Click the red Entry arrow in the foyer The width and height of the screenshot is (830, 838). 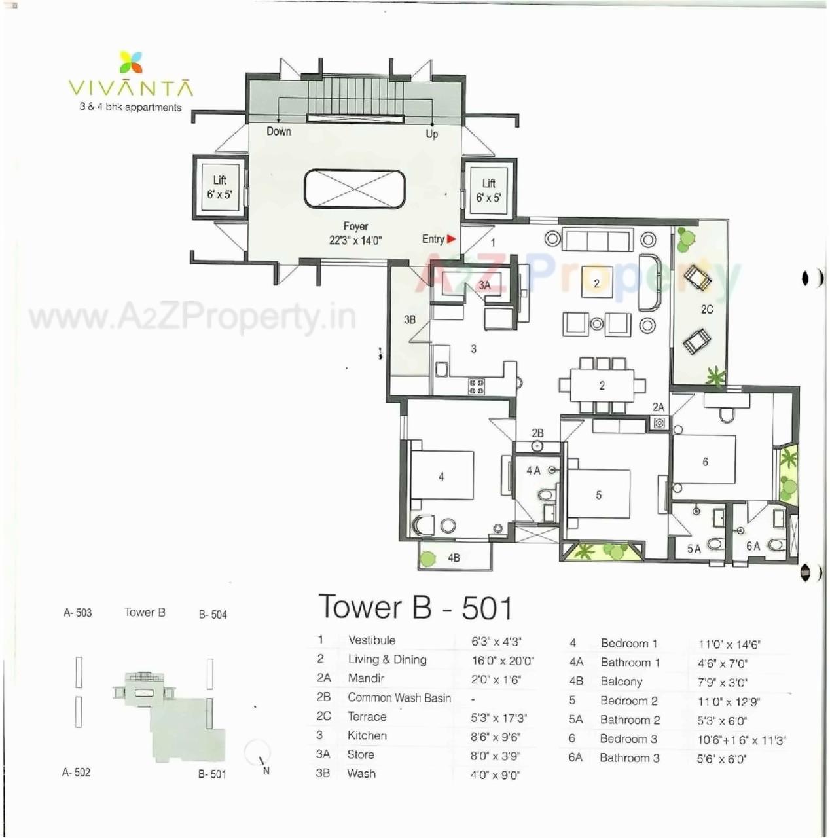pyautogui.click(x=451, y=239)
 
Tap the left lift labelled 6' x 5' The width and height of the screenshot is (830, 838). pyautogui.click(x=219, y=187)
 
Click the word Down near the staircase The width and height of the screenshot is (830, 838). pyautogui.click(x=278, y=131)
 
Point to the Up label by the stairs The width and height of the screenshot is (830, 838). pyautogui.click(x=432, y=134)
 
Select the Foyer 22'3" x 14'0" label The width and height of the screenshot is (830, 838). pyautogui.click(x=355, y=233)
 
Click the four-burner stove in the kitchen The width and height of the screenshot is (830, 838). pyautogui.click(x=476, y=386)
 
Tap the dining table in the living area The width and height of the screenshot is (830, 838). pyautogui.click(x=602, y=386)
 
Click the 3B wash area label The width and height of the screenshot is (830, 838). pyautogui.click(x=410, y=320)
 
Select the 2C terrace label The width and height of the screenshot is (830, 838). pyautogui.click(x=707, y=309)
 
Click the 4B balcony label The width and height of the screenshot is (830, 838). pyautogui.click(x=454, y=558)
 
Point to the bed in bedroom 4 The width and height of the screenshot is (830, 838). pyautogui.click(x=441, y=476)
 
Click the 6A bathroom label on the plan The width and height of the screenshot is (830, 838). pyautogui.click(x=753, y=546)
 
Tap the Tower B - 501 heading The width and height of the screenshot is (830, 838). pyautogui.click(x=415, y=607)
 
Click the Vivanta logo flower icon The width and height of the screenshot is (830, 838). pyautogui.click(x=131, y=64)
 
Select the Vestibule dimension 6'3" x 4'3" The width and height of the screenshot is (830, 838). pyautogui.click(x=496, y=642)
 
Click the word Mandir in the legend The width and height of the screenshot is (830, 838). pyautogui.click(x=366, y=678)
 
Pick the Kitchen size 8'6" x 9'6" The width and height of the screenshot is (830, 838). pyautogui.click(x=495, y=737)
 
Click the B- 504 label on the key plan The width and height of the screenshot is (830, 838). pyautogui.click(x=213, y=614)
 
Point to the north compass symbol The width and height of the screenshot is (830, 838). pyautogui.click(x=258, y=755)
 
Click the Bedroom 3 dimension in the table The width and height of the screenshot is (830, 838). pyautogui.click(x=741, y=740)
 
